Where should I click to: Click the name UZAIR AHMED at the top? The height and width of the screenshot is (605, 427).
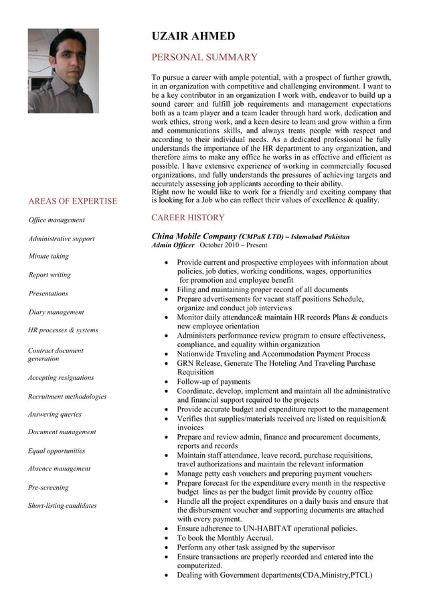coord(193,36)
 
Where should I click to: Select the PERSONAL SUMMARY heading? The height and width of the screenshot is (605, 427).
coord(204,58)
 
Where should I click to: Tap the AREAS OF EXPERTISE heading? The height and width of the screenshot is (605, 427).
coord(72,201)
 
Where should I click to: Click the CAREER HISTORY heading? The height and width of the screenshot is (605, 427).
coord(188,218)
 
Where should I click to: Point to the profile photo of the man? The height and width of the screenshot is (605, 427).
coord(63,70)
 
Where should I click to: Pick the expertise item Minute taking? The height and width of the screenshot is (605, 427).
coord(48,257)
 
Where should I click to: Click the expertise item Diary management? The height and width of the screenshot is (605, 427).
coord(56,312)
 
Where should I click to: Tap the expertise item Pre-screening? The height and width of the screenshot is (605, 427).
coord(48,488)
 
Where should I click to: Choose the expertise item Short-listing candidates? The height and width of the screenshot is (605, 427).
coord(62,506)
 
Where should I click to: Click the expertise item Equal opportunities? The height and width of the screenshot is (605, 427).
coord(56,451)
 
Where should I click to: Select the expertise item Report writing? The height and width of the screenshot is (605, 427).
coord(49,275)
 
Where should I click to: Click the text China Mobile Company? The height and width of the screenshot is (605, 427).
coord(194,237)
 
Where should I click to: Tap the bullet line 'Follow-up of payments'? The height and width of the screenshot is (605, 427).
coord(213,382)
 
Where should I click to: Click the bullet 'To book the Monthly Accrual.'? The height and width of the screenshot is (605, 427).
coord(225,538)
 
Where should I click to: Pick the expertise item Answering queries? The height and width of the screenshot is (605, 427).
coord(54,415)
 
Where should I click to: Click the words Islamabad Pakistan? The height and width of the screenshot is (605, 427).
coord(320,237)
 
